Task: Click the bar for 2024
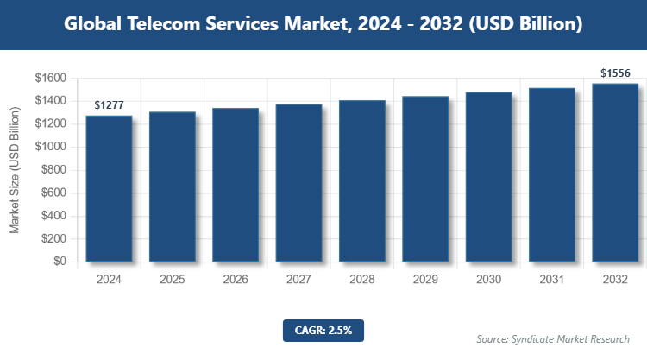coord(109,188)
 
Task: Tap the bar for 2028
coord(362,180)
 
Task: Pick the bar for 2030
coord(488,176)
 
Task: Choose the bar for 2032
coord(615,172)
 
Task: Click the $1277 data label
coord(109,104)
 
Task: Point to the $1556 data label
coord(615,73)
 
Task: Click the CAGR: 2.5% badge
coord(323,330)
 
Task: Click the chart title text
coord(323,24)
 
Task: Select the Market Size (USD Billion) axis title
coord(15,170)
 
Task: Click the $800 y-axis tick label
coord(53,170)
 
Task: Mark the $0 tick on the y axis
coord(59,262)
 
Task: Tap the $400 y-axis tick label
coord(53,216)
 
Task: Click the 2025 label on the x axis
coord(173,280)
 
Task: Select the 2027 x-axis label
coord(298,280)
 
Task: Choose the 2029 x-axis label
coord(425,280)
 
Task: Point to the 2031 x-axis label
coord(552,280)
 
